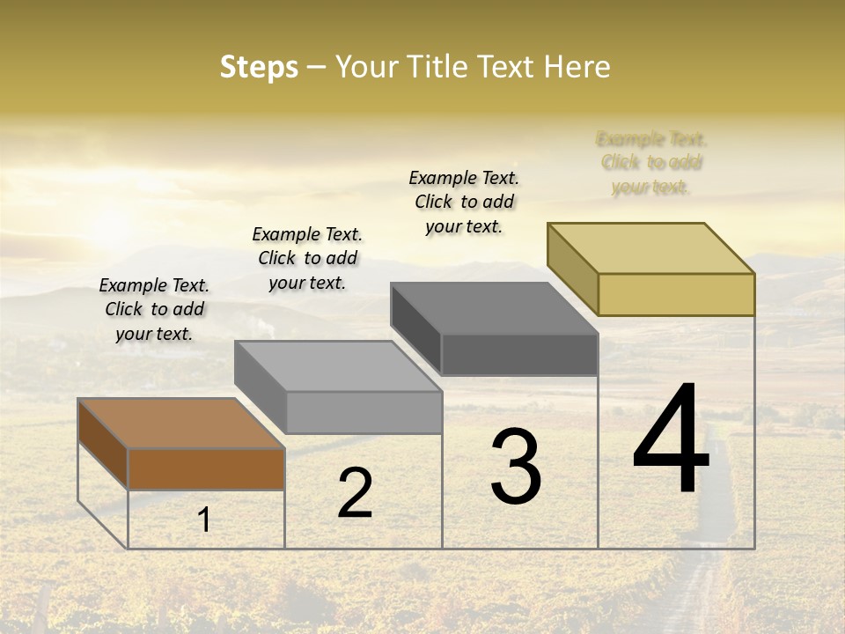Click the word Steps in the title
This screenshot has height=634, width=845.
[259, 67]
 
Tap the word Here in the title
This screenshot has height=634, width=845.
[577, 67]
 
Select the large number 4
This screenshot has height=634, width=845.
[671, 440]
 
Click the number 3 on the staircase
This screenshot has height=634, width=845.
[516, 467]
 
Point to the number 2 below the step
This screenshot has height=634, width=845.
[355, 493]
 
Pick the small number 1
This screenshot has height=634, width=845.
[204, 520]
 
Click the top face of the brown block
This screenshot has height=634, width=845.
[181, 424]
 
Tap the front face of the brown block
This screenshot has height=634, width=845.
[206, 469]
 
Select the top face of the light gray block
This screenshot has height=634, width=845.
[338, 365]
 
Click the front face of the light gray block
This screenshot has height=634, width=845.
[364, 413]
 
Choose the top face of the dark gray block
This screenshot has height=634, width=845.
[495, 308]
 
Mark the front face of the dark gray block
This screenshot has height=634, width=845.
[519, 355]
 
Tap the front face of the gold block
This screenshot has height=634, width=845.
[676, 294]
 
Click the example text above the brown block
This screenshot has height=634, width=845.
[154, 309]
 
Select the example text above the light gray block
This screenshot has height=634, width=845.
[307, 258]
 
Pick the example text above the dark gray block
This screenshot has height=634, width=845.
[464, 202]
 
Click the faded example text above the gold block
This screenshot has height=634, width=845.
[651, 163]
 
